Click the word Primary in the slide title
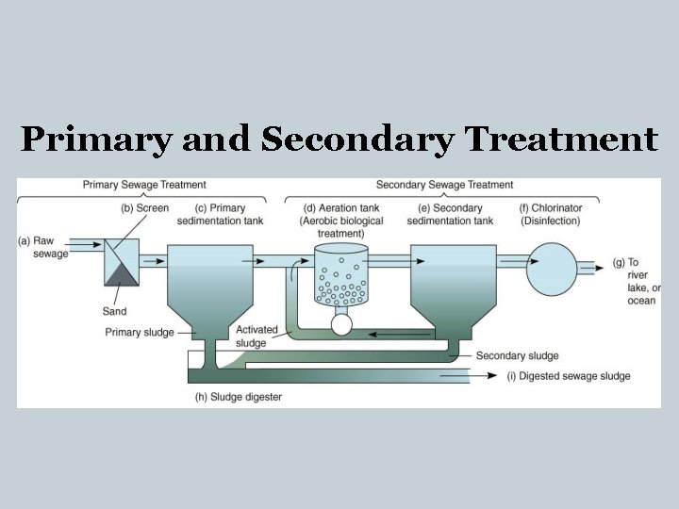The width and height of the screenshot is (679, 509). pyautogui.click(x=96, y=140)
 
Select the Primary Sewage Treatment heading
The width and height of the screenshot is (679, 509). pyautogui.click(x=144, y=185)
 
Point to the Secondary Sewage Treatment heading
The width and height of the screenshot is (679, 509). pyautogui.click(x=444, y=185)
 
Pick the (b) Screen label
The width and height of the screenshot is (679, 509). pyautogui.click(x=144, y=208)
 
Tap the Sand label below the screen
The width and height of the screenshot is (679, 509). pyautogui.click(x=114, y=312)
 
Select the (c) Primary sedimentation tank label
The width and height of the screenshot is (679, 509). pyautogui.click(x=220, y=214)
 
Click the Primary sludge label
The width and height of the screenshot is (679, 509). pyautogui.click(x=138, y=332)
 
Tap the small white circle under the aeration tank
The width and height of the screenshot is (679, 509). pyautogui.click(x=340, y=324)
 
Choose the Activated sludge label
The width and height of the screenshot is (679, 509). pyautogui.click(x=257, y=337)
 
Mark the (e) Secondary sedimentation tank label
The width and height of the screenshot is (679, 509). pyautogui.click(x=450, y=214)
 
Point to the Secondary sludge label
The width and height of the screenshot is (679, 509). pyautogui.click(x=517, y=355)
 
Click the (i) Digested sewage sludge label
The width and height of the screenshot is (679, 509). pyautogui.click(x=569, y=376)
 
